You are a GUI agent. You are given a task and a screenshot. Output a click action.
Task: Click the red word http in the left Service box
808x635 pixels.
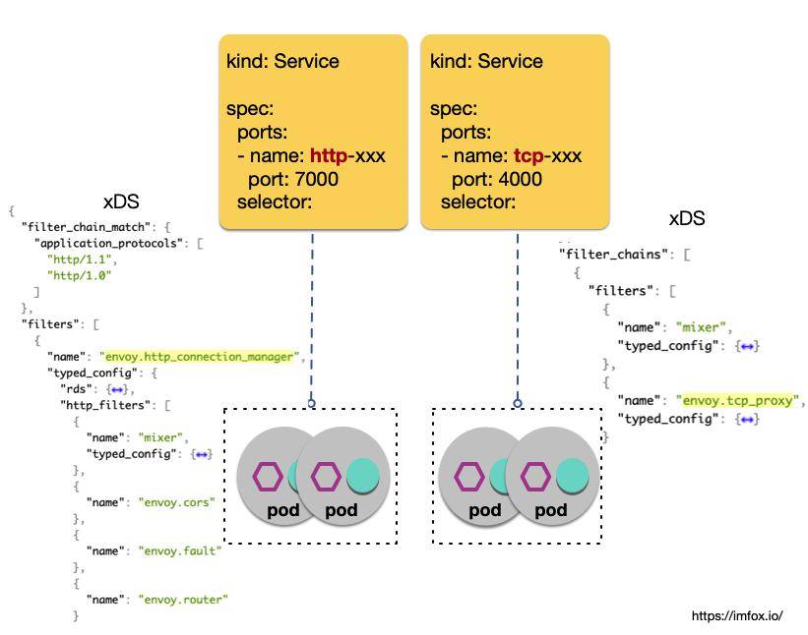point(328,155)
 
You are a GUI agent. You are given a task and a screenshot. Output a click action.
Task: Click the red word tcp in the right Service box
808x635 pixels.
point(529,155)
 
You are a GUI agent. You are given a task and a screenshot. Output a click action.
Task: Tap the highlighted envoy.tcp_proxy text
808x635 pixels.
point(740,401)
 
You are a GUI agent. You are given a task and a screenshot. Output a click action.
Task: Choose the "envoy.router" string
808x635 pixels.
point(183,599)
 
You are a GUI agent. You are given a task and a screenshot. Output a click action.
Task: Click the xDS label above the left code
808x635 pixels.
point(121,202)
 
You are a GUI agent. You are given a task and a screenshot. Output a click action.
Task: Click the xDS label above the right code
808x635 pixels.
point(687,219)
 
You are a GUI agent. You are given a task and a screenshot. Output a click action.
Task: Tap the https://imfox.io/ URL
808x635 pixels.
point(737,615)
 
